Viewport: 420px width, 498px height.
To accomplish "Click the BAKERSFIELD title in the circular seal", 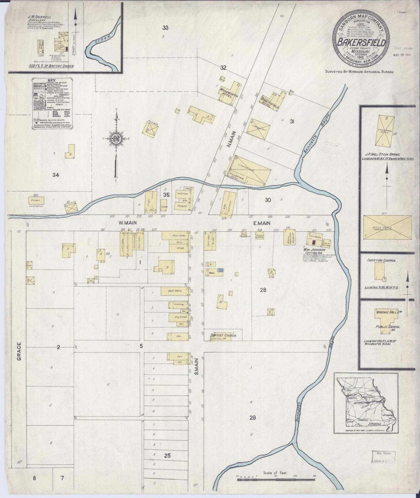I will (x=361, y=42).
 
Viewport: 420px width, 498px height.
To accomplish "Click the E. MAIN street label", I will (x=262, y=223).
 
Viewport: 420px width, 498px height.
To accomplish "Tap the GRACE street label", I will (x=19, y=352).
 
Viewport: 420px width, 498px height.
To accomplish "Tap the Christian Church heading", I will (x=381, y=261).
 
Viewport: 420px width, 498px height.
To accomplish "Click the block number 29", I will (x=252, y=418).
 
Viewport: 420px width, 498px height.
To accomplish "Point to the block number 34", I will (x=56, y=175).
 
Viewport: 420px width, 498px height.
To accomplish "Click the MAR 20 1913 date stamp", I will (x=402, y=55).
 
